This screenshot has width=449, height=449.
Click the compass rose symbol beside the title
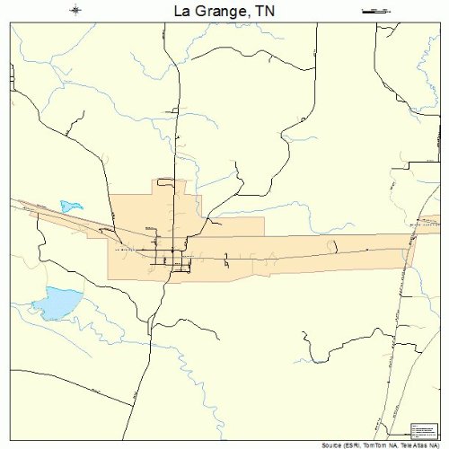coord(75,10)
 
